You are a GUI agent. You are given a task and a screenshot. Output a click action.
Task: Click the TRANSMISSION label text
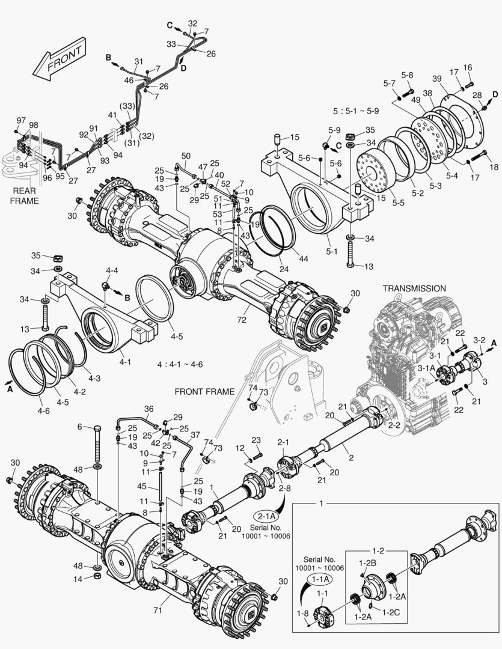coord(414,288)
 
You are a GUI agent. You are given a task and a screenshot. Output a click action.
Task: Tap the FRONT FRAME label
coord(204,392)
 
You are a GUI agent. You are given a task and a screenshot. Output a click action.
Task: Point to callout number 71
coord(158,611)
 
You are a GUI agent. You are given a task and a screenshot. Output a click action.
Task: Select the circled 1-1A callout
coord(319,579)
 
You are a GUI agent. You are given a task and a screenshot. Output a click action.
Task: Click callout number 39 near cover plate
coord(436,79)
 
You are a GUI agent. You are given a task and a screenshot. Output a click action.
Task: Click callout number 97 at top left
coord(20,120)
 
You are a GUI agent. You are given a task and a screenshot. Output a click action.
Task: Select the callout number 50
coord(186,156)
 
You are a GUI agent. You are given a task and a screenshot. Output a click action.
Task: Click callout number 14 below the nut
coord(79,579)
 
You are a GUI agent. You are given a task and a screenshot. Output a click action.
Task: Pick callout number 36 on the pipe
coord(149,409)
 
